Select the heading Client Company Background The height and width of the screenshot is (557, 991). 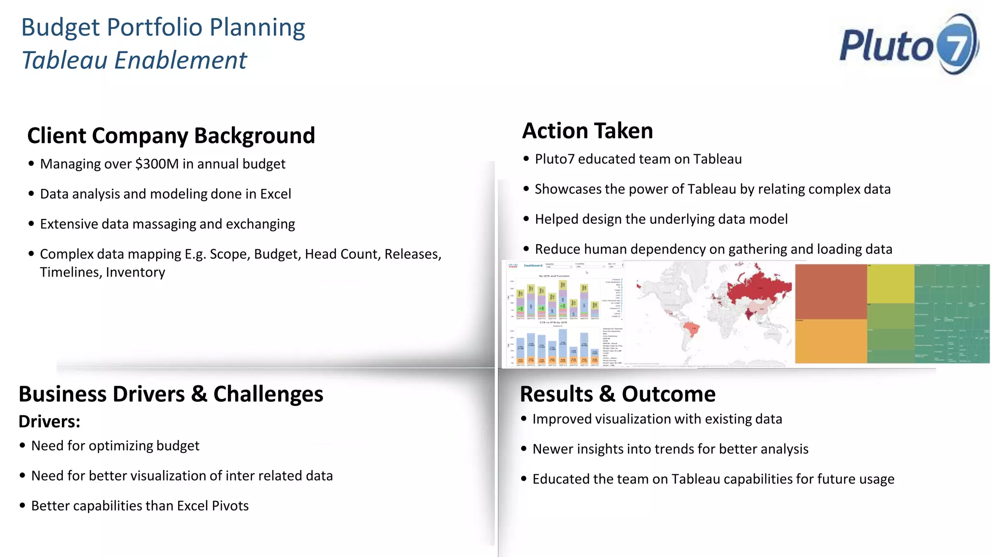tap(171, 135)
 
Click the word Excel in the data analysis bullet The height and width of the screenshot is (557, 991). tap(275, 194)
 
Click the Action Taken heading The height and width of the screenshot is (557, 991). tap(587, 131)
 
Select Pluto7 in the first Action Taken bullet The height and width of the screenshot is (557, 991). tap(555, 159)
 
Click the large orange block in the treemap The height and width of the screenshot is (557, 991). tap(830, 341)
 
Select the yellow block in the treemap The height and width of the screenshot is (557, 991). tap(890, 284)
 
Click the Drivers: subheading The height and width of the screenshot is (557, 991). tap(49, 422)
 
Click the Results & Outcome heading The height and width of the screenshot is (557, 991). tap(617, 394)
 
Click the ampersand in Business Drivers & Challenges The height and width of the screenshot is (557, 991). tap(199, 394)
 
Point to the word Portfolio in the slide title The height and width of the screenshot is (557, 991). tap(155, 28)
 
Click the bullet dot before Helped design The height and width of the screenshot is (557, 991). tap(526, 219)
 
